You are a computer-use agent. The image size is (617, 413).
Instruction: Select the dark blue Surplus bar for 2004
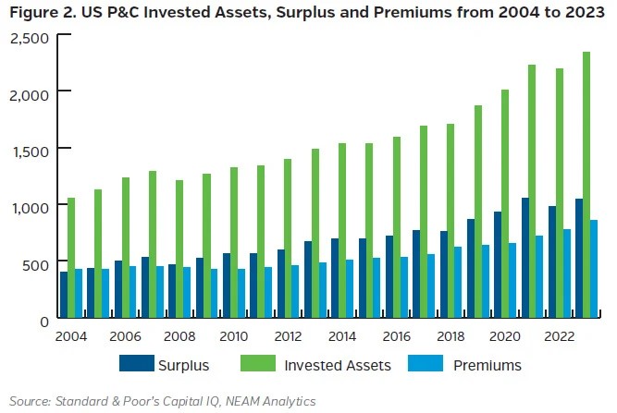point(63,295)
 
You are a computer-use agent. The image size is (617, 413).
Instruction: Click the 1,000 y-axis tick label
point(29,206)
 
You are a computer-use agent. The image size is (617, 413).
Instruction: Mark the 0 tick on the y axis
point(44,320)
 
